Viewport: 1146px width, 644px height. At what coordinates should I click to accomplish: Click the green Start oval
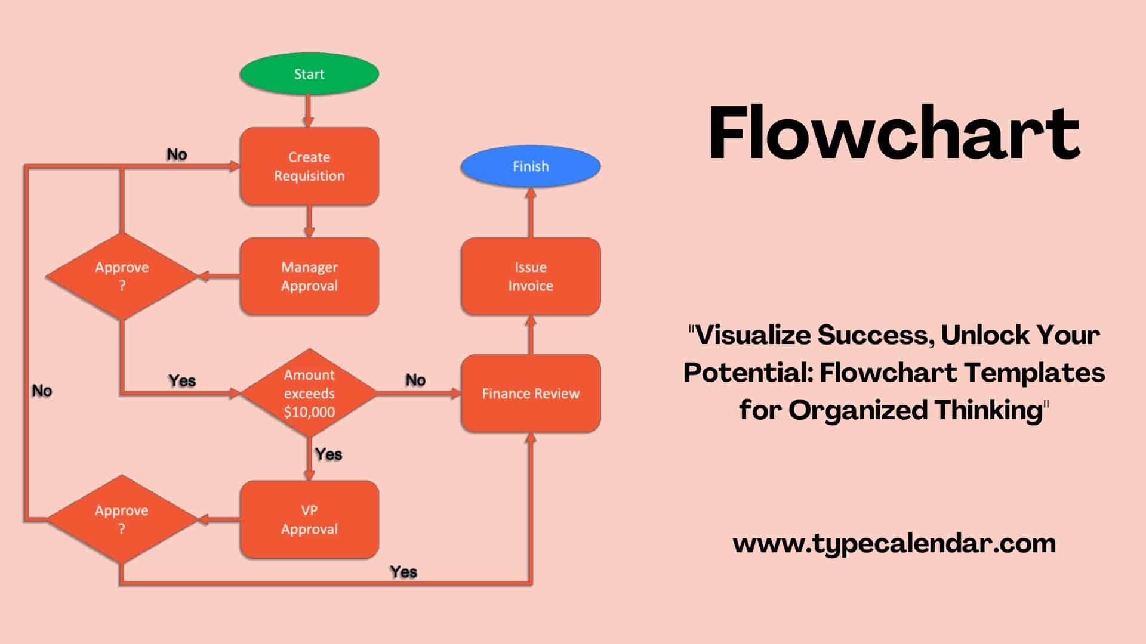point(309,74)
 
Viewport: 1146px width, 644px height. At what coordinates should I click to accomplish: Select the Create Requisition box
point(309,166)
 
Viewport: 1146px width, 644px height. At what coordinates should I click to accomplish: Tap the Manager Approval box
point(309,276)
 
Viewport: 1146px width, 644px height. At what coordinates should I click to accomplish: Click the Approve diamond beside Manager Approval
point(122,276)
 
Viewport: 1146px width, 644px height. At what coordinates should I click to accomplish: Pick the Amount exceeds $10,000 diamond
point(309,393)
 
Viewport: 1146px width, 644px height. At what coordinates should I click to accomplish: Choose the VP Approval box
point(309,519)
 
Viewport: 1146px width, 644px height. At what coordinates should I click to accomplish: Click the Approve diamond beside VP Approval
point(122,519)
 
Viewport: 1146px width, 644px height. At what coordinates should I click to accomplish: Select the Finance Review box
point(531,393)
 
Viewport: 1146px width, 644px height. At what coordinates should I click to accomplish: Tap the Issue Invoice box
point(531,276)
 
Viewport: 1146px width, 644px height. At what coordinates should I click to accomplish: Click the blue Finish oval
point(531,166)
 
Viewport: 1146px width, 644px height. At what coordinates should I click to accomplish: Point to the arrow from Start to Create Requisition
point(309,111)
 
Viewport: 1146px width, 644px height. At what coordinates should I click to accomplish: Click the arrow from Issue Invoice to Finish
point(531,213)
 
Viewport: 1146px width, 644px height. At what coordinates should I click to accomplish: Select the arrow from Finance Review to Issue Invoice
point(531,335)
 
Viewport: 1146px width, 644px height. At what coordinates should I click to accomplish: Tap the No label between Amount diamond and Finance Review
point(415,380)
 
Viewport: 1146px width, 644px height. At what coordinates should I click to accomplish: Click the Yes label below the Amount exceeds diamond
point(328,454)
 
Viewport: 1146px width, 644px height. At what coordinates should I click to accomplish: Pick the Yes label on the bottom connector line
point(403,572)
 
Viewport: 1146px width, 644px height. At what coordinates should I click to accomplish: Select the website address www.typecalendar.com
point(894,543)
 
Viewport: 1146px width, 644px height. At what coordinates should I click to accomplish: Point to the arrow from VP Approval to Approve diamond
point(218,519)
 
